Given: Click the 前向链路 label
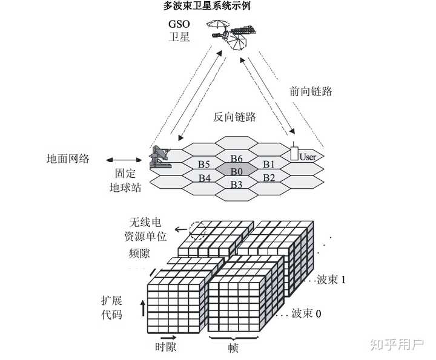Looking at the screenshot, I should click(x=311, y=91).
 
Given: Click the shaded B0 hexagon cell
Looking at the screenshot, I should click(x=236, y=171).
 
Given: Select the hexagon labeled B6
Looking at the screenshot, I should click(x=236, y=159).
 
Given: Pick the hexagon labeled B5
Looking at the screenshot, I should click(x=204, y=165).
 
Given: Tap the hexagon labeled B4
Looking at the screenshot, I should click(x=204, y=178).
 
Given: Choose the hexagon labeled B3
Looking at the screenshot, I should click(x=236, y=184).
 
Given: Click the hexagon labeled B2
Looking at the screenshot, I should click(x=269, y=178).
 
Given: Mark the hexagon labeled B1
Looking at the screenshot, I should click(x=269, y=165).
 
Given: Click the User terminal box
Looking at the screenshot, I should click(x=295, y=152).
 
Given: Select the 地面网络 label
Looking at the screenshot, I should click(x=68, y=159).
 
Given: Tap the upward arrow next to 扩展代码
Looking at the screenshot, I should click(x=143, y=307).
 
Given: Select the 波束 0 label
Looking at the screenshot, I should click(x=306, y=314).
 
